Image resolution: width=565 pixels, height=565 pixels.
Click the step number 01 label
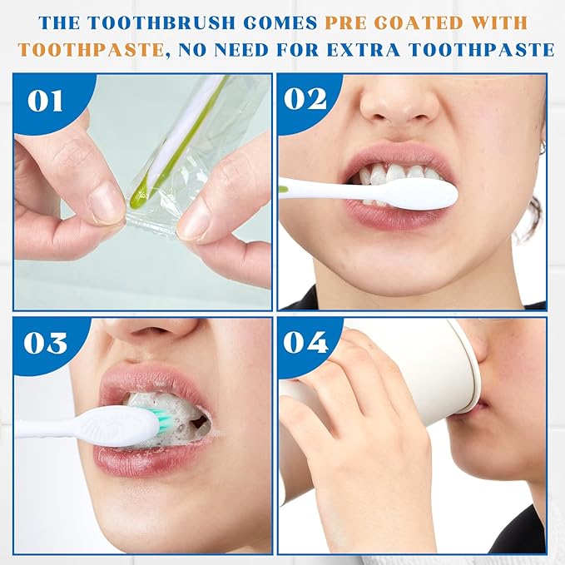click(x=45, y=101)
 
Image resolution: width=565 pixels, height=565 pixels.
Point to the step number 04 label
click(x=305, y=342)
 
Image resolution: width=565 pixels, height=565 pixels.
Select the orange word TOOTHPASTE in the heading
click(x=92, y=50)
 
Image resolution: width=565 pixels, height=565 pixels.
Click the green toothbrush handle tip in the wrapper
click(x=136, y=196)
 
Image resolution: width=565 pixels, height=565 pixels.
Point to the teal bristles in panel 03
click(x=165, y=419)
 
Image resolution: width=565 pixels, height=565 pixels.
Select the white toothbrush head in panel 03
click(x=119, y=427)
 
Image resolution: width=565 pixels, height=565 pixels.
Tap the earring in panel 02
click(x=542, y=147)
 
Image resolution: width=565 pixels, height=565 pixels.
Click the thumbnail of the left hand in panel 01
click(x=107, y=204)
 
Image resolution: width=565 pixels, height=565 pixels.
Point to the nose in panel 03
click(x=151, y=334)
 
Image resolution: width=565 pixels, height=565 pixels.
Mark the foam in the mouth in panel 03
click(x=170, y=414)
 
